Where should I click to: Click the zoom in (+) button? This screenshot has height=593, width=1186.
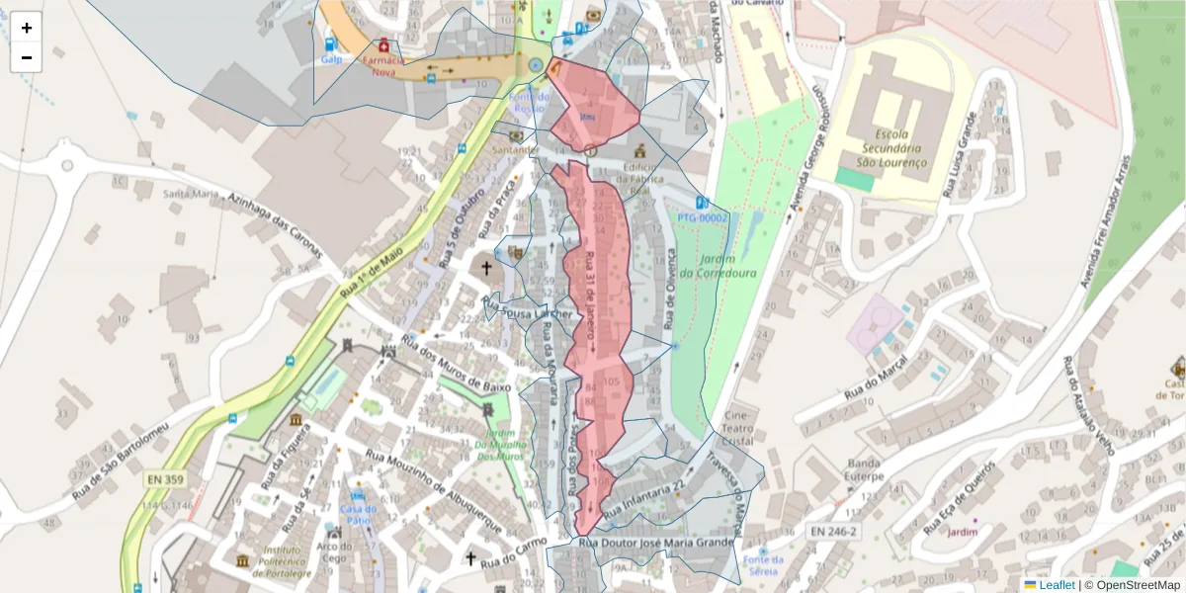click(x=27, y=28)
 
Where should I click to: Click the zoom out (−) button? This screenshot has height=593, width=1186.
click(x=27, y=57)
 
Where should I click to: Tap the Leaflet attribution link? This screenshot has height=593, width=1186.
click(x=1057, y=585)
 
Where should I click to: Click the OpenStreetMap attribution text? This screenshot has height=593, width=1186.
click(x=1132, y=585)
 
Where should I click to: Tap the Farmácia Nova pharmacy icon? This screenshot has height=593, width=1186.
click(x=383, y=45)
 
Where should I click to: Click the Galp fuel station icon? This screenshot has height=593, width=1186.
click(x=330, y=44)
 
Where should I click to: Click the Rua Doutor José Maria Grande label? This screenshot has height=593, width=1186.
click(x=656, y=543)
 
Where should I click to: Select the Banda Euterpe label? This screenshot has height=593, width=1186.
click(x=864, y=470)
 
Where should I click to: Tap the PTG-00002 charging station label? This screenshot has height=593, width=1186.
click(x=703, y=216)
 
